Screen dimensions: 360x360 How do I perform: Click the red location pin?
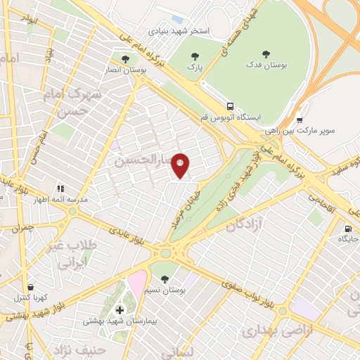pyautogui.click(x=181, y=165)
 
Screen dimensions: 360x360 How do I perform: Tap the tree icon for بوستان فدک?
pyautogui.click(x=266, y=53)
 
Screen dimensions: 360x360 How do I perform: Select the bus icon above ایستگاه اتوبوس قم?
pyautogui.click(x=233, y=103)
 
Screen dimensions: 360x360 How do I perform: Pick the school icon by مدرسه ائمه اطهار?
pyautogui.click(x=60, y=188)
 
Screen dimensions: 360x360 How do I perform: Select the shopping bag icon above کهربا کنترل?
pyautogui.click(x=30, y=287)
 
